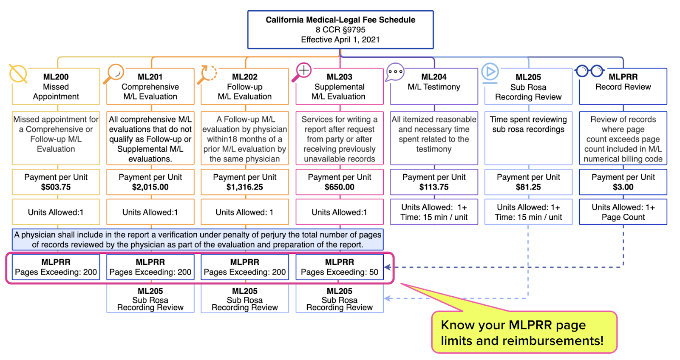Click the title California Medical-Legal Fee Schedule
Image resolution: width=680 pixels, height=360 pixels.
(340, 20)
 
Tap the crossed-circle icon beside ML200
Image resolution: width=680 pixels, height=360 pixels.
(18, 74)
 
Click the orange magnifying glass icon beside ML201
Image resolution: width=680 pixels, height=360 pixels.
(113, 74)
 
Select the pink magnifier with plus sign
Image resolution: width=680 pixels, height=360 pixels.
(301, 72)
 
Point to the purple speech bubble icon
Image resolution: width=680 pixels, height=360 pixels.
(395, 72)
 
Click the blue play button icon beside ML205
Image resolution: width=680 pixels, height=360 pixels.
(490, 73)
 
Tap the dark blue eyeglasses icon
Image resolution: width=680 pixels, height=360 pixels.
(589, 71)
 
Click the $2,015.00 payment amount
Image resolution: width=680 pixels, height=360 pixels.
(150, 187)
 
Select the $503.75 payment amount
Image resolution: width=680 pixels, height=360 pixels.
(56, 187)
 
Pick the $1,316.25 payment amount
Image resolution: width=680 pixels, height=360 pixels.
(245, 187)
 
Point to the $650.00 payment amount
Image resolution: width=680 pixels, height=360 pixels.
(340, 187)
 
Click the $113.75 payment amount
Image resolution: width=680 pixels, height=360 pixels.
(434, 187)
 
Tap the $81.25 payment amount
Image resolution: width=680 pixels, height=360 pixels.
(528, 187)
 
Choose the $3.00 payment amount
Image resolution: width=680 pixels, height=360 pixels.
(623, 187)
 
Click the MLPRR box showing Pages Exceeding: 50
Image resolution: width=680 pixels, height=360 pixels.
(340, 267)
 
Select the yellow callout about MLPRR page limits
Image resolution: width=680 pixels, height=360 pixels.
(524, 332)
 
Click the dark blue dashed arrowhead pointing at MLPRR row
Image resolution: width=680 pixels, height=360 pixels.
(388, 267)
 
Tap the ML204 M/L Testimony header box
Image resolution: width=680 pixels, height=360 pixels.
(434, 87)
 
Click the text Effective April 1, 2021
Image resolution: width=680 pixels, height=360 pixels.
(340, 40)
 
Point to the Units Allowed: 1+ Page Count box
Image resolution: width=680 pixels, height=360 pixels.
(623, 212)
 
